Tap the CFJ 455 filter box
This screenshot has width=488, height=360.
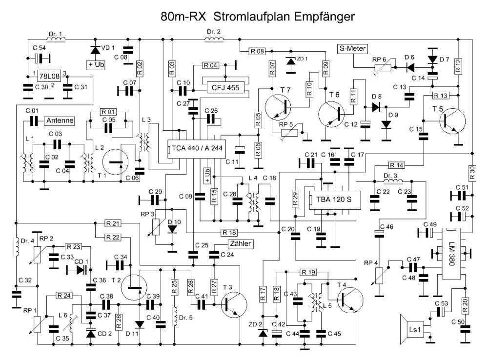click(x=225, y=88)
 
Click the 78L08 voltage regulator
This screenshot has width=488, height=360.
click(x=50, y=77)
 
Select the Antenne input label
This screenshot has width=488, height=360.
click(x=60, y=120)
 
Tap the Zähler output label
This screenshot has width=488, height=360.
click(x=239, y=244)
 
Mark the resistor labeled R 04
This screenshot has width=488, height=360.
click(x=211, y=65)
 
